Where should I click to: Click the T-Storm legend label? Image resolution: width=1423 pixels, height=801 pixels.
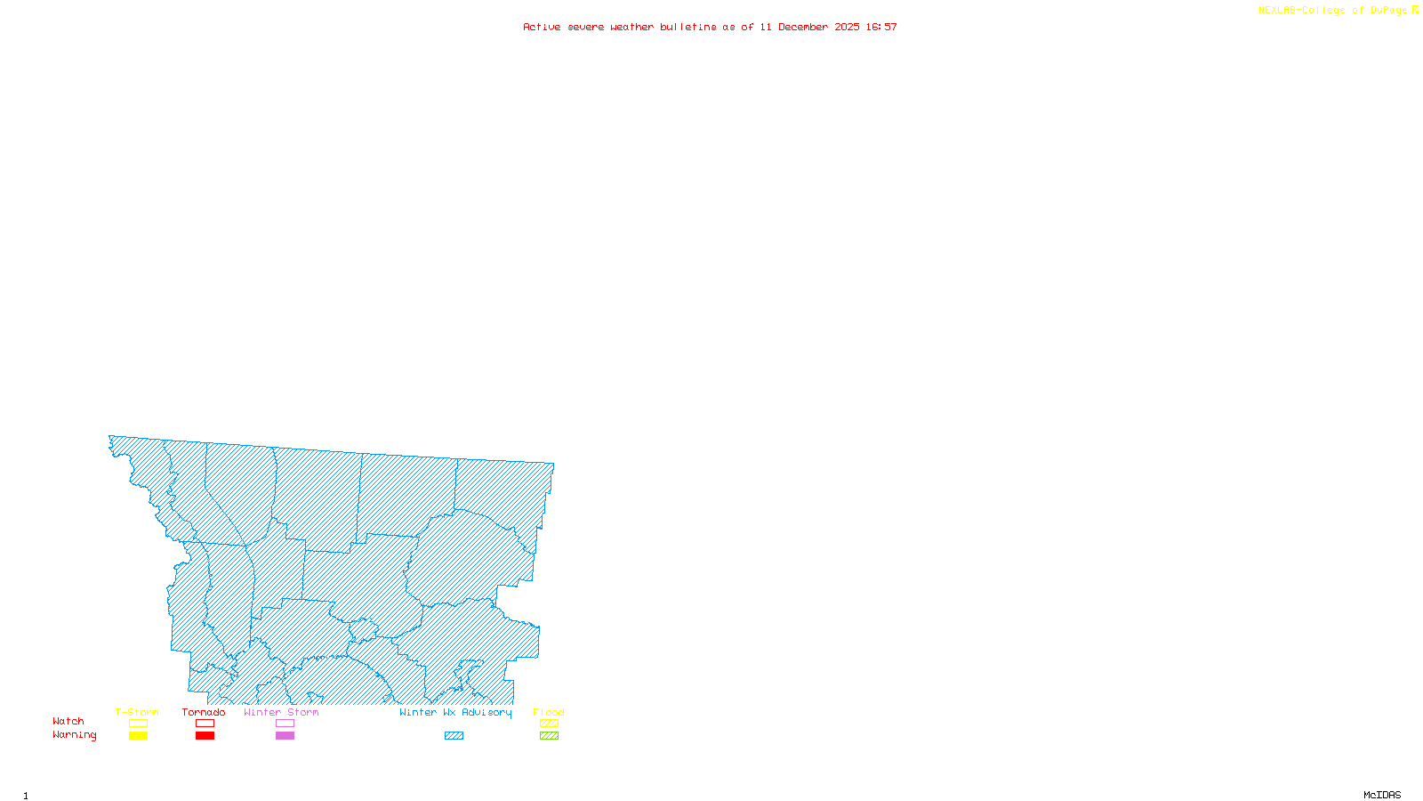137,712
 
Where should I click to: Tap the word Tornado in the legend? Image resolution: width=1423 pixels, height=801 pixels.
204,712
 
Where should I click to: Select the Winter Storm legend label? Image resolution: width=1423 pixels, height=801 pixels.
281,712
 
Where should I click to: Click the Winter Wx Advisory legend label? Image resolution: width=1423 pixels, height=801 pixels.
455,712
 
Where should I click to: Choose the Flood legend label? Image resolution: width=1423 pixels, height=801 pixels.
549,712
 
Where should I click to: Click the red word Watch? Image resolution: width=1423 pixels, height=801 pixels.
68,721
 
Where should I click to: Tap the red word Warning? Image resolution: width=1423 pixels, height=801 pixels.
75,735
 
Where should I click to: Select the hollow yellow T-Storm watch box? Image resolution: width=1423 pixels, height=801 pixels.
138,724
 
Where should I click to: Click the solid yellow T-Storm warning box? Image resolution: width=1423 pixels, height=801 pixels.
138,736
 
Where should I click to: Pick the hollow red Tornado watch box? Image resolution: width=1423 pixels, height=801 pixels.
205,724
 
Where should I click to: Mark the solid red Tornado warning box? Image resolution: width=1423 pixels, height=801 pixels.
205,736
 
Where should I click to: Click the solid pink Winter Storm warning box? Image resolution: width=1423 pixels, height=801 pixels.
285,736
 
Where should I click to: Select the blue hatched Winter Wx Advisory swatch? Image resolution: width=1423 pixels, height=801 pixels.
454,736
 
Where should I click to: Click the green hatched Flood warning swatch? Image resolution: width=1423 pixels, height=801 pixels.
549,736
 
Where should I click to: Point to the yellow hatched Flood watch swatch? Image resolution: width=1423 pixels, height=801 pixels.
549,724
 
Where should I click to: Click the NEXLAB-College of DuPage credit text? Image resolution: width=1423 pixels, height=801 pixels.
1333,11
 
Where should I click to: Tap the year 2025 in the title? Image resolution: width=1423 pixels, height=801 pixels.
847,27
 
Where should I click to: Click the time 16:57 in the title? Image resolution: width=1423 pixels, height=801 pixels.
881,27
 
